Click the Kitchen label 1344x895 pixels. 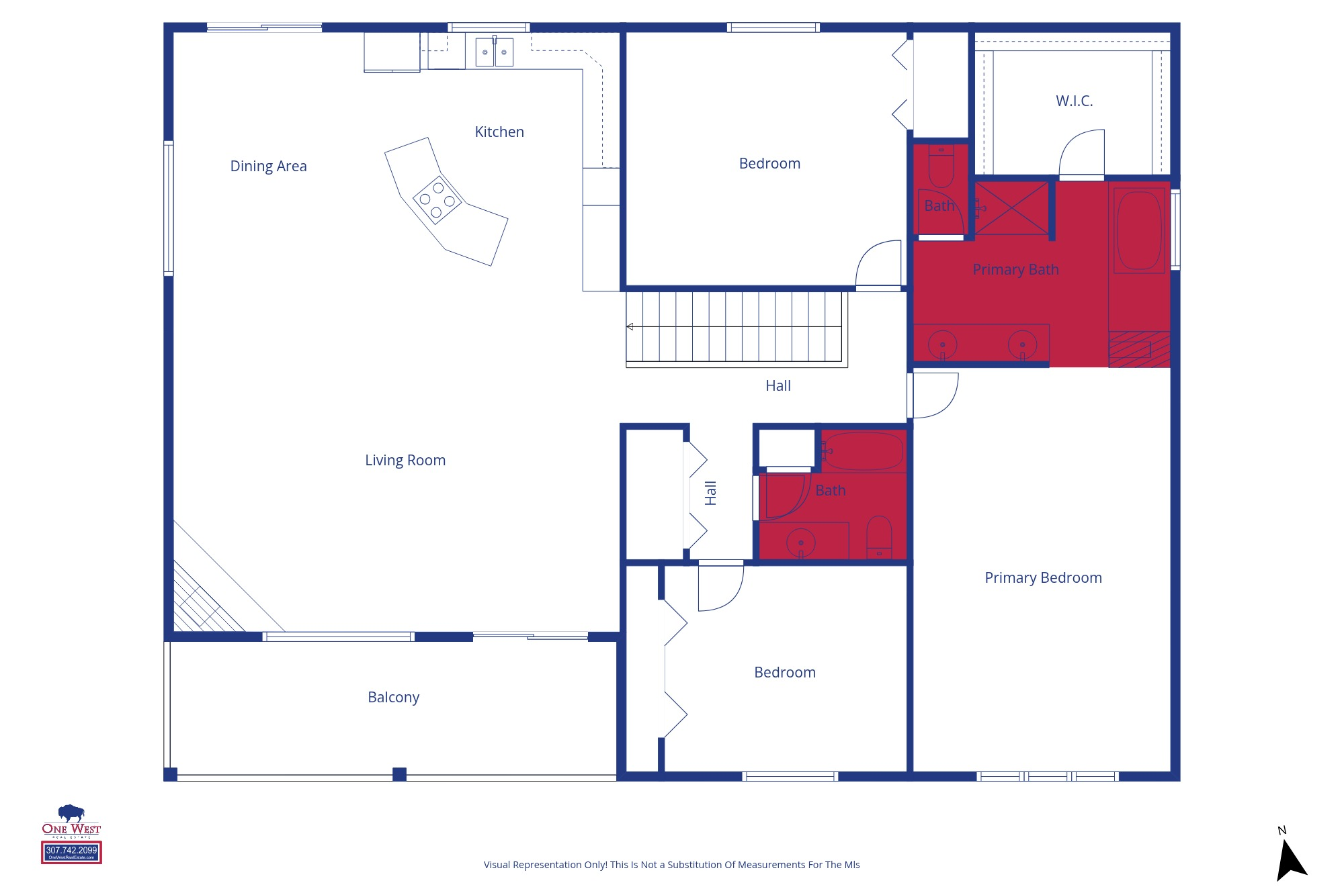pyautogui.click(x=499, y=132)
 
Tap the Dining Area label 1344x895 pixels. pyautogui.click(x=268, y=167)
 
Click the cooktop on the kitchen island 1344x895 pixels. pyautogui.click(x=437, y=199)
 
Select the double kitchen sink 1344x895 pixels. pyautogui.click(x=494, y=52)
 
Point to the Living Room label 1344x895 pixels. pyautogui.click(x=405, y=461)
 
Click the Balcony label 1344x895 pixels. pyautogui.click(x=393, y=698)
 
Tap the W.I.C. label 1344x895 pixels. pyautogui.click(x=1074, y=101)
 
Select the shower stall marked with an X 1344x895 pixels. pyautogui.click(x=1012, y=208)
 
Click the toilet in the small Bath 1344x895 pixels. pyautogui.click(x=941, y=167)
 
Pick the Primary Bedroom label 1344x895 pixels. pyautogui.click(x=1043, y=578)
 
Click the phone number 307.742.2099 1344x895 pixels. pyautogui.click(x=71, y=850)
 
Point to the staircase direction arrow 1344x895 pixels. pyautogui.click(x=630, y=327)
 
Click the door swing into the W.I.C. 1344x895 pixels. pyautogui.click(x=1083, y=154)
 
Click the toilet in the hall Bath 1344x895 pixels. pyautogui.click(x=879, y=537)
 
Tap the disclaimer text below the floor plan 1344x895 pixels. pyautogui.click(x=671, y=865)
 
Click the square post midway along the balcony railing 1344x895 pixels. pyautogui.click(x=399, y=774)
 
